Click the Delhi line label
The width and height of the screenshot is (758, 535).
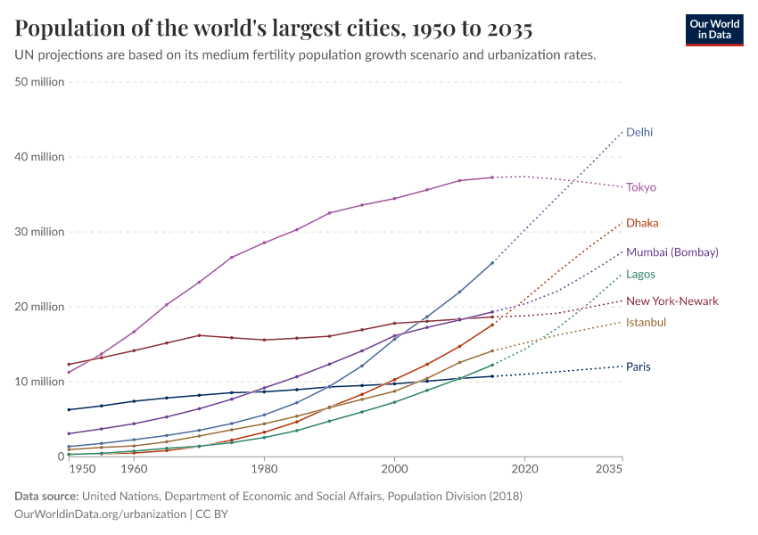tap(639, 132)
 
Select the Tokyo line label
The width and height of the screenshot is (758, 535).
tap(640, 187)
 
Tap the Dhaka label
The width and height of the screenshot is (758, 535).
tap(642, 223)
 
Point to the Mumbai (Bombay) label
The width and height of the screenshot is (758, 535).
tap(671, 252)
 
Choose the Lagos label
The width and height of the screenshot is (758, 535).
tap(640, 275)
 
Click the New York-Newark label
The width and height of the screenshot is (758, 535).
tap(671, 301)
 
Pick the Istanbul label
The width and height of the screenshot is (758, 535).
tap(646, 322)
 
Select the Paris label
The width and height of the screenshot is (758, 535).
tap(639, 366)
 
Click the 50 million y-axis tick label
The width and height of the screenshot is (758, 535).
tap(40, 82)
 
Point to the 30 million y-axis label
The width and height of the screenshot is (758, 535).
tap(40, 232)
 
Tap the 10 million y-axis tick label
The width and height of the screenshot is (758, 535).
tap(40, 382)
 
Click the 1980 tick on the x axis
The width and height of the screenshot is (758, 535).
tap(264, 468)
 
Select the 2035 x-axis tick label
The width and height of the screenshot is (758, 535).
tap(609, 468)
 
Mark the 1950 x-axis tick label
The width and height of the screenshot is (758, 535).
tap(81, 468)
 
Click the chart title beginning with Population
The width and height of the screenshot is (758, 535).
tap(274, 29)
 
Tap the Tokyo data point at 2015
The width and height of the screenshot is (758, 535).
tap(492, 177)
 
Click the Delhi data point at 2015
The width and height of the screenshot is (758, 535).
tap(492, 262)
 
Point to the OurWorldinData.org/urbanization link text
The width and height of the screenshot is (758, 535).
tap(101, 514)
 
